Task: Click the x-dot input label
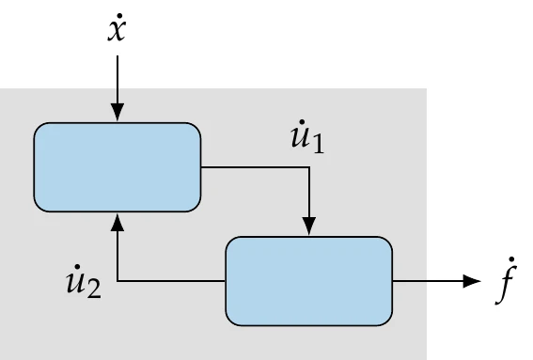[x=118, y=32]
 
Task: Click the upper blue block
[x=118, y=166]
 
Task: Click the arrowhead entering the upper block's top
[x=118, y=113]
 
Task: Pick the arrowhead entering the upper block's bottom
[x=118, y=221]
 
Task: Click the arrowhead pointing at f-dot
[x=470, y=280]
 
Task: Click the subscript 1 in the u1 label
[x=321, y=147]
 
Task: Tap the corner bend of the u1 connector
[x=308, y=167]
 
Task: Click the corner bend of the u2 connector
[x=118, y=280]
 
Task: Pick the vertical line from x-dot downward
[x=118, y=80]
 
